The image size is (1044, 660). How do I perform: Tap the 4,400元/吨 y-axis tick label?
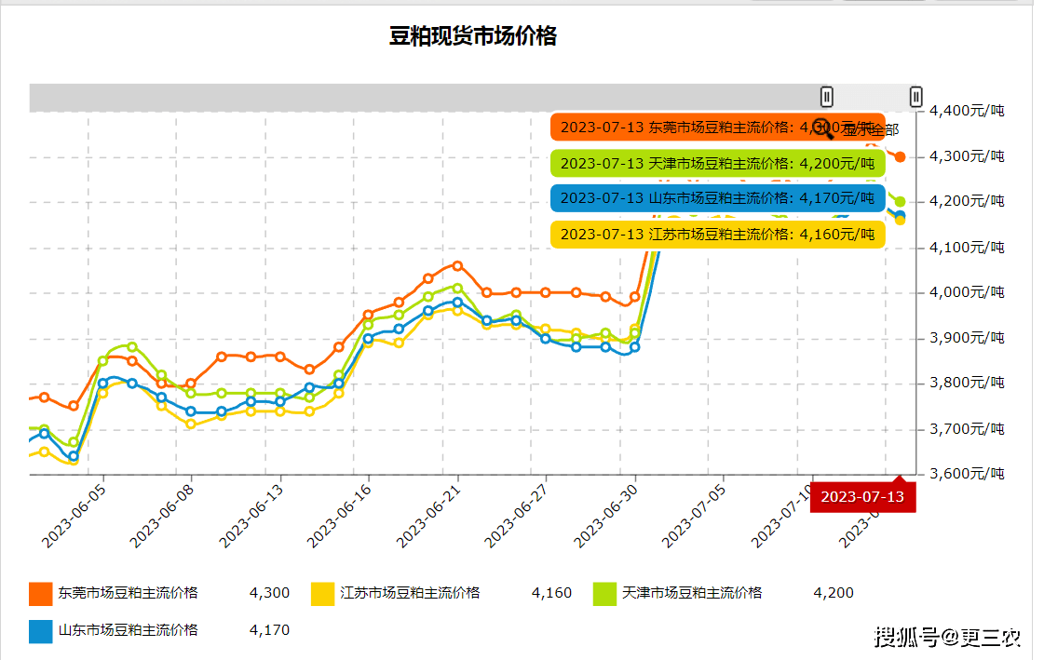point(967,111)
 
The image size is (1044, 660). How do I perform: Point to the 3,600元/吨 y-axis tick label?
point(967,474)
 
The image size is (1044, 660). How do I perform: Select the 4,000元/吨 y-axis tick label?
point(967,292)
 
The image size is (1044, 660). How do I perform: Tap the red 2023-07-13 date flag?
point(862,496)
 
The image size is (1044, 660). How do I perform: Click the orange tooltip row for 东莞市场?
point(717,127)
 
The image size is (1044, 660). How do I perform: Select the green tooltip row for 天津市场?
point(717,163)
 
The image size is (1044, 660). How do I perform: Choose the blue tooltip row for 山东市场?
point(717,198)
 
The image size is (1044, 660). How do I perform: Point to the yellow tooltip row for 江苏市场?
point(717,234)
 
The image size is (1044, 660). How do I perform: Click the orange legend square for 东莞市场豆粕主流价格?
point(41,593)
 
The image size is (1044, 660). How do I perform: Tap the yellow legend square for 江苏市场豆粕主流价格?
point(322,593)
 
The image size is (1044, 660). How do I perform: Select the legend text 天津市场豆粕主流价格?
point(692,593)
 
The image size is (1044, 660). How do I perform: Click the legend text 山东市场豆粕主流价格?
point(129,630)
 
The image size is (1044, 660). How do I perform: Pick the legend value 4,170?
point(269,630)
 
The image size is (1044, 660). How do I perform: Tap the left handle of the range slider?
point(827,96)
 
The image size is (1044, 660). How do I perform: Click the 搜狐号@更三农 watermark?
point(948,638)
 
